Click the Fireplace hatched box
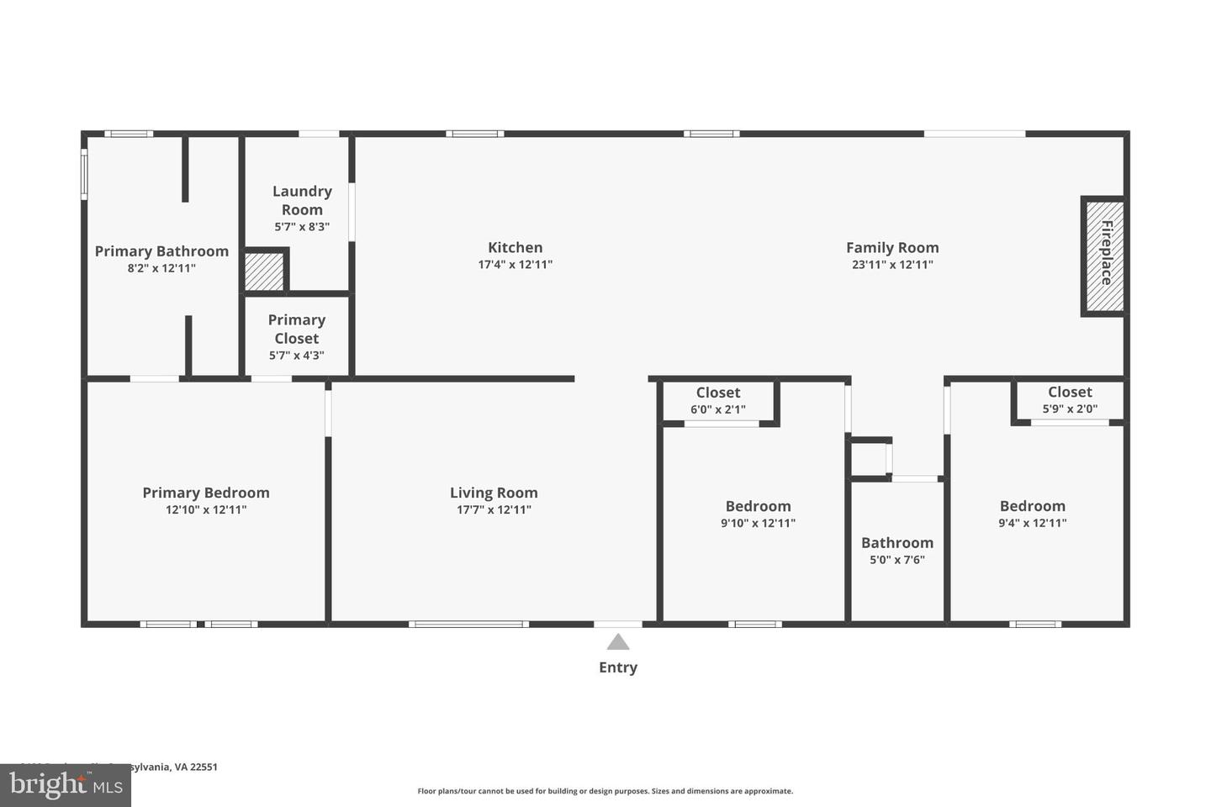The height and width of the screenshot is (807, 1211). tap(1103, 256)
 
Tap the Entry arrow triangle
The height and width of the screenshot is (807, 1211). tap(618, 642)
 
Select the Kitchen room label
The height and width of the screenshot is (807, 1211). tap(515, 247)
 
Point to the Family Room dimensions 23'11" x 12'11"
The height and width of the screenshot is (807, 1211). tap(891, 265)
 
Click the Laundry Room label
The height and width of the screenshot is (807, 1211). tap(302, 201)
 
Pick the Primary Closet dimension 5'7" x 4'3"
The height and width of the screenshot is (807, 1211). tap(296, 356)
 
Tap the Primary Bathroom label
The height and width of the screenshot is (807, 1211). tap(161, 251)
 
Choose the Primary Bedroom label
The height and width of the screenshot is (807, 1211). tap(206, 493)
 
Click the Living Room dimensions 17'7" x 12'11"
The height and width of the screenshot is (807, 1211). tap(494, 509)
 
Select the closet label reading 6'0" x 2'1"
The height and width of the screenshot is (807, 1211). tap(717, 410)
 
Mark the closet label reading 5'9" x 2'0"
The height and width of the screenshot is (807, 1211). tap(1070, 409)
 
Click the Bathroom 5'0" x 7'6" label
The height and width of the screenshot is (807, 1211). tap(897, 551)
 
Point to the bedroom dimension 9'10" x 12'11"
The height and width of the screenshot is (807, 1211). tap(758, 523)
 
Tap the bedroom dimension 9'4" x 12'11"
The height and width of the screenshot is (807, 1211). tap(1032, 523)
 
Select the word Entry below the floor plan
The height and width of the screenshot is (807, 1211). tap(618, 667)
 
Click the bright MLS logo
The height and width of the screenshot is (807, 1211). tap(66, 786)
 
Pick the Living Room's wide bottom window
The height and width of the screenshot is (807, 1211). tap(468, 624)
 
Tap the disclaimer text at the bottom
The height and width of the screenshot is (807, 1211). tap(605, 791)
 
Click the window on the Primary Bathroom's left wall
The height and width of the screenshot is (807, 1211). tap(84, 174)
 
